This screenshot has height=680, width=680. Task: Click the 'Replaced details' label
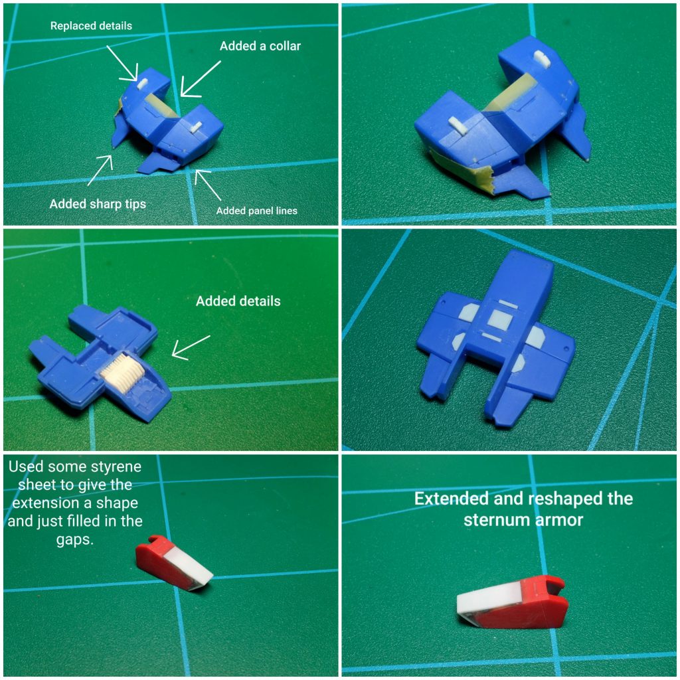[x=91, y=26]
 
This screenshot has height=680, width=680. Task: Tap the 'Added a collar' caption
[x=260, y=46]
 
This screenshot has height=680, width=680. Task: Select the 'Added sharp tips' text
[x=98, y=204]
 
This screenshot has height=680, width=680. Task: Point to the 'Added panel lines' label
[x=257, y=211]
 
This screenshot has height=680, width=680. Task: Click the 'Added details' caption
[x=238, y=301]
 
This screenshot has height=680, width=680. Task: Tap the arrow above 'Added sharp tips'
[x=100, y=170]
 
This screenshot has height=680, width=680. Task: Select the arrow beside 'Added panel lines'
[x=208, y=185]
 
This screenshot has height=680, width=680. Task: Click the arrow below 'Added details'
[x=191, y=348]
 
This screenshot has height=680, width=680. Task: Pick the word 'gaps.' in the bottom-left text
[x=75, y=540]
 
